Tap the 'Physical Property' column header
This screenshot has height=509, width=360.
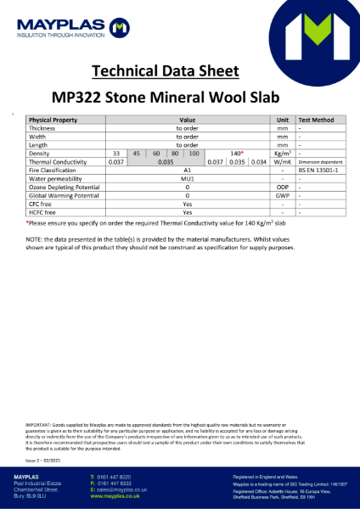53,120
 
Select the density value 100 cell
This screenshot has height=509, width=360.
194,154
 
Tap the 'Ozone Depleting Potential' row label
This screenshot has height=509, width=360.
66,187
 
